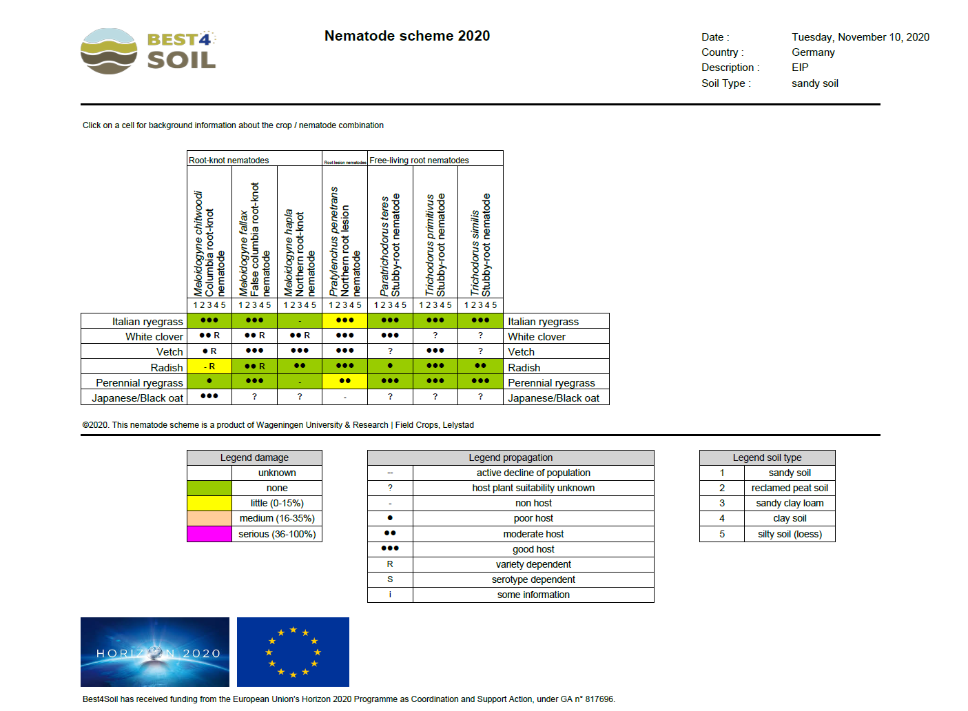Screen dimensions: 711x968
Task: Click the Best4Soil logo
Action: coord(148,52)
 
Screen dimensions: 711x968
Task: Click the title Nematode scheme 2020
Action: coord(407,36)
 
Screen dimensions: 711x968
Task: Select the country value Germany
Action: coord(813,52)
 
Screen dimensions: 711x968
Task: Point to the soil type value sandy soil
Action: coord(815,83)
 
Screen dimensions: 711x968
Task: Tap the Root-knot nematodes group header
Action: coord(229,160)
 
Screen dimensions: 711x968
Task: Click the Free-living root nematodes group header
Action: coord(419,160)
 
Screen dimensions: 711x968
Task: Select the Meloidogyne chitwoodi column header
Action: coord(209,243)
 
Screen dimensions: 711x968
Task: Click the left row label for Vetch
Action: coord(169,352)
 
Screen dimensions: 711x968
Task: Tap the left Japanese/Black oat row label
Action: coord(138,398)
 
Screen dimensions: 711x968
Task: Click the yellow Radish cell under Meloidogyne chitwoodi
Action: coord(209,367)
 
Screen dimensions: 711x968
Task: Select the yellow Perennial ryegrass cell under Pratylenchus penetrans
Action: coord(344,382)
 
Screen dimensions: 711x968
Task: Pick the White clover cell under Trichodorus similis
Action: coord(480,336)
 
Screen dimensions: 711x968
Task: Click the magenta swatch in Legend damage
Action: coord(209,534)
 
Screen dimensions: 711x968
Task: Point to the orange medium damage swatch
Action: coord(209,519)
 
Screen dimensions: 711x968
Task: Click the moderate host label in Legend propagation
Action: coord(533,534)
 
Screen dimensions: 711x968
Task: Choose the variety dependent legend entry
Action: coord(533,564)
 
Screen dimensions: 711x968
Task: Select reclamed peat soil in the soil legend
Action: coord(790,488)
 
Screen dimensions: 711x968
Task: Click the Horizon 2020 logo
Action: coord(155,652)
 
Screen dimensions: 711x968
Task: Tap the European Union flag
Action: coord(293,652)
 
